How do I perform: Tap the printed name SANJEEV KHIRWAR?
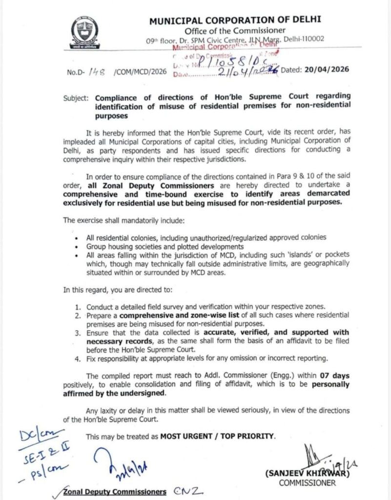pyautogui.click(x=300, y=474)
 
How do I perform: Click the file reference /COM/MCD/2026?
pyautogui.click(x=140, y=72)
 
